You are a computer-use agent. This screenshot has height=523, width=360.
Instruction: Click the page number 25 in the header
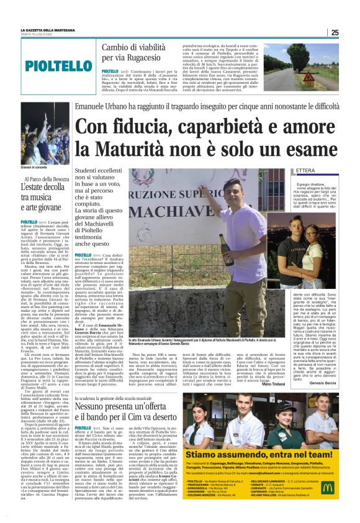335,32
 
